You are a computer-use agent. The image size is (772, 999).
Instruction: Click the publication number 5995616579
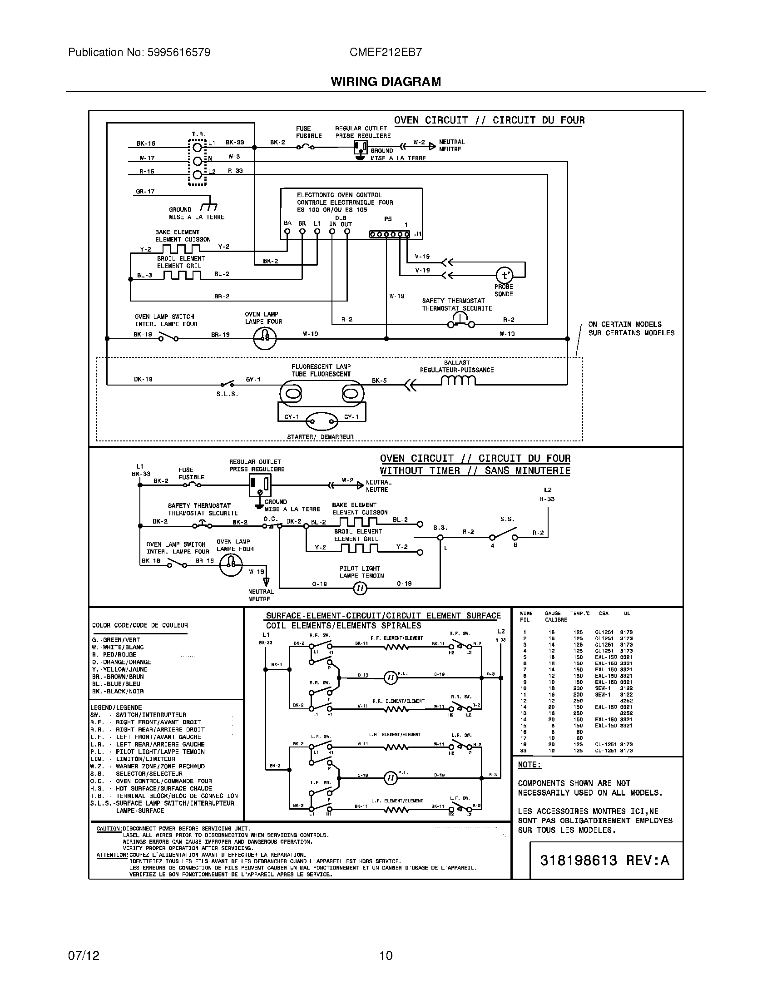(178, 52)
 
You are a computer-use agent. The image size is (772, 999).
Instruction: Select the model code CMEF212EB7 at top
(386, 52)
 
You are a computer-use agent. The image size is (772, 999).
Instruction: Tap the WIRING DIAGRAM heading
(386, 81)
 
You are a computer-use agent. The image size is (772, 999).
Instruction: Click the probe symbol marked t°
(505, 275)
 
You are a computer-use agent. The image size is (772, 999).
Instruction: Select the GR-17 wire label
(145, 192)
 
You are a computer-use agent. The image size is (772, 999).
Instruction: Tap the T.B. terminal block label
(198, 134)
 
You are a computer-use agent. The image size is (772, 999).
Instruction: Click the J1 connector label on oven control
(417, 234)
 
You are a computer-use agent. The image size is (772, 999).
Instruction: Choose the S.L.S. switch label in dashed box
(228, 393)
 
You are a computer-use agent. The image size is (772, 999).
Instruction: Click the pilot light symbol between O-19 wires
(360, 588)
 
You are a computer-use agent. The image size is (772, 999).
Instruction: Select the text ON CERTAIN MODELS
(625, 324)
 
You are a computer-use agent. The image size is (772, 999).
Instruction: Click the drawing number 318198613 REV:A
(604, 861)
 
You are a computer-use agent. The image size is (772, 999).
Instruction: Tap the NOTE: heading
(530, 765)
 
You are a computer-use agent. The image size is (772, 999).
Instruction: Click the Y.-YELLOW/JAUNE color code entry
(119, 669)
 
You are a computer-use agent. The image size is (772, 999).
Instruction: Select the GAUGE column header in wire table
(553, 613)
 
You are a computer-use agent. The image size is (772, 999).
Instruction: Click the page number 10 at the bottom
(386, 955)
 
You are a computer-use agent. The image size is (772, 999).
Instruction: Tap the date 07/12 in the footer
(84, 955)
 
